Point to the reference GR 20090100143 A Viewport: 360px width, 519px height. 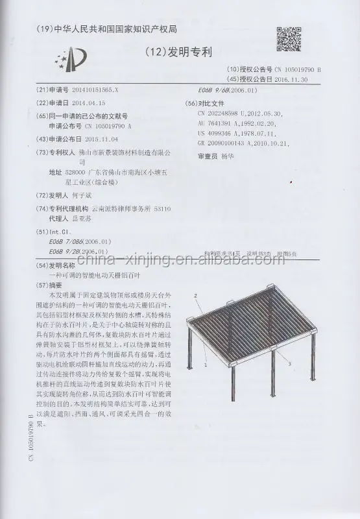click(228, 143)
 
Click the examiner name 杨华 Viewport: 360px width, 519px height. click(226, 156)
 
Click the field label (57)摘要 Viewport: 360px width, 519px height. click(53, 284)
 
